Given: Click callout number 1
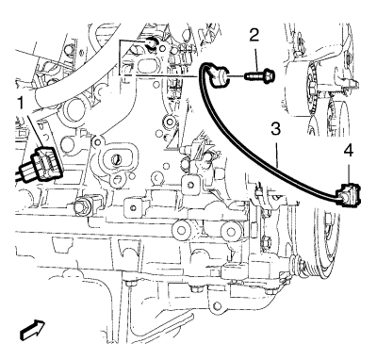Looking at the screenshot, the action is (x=22, y=104).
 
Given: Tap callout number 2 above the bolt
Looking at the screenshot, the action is (x=254, y=35).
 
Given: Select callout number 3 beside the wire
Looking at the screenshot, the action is (x=275, y=129).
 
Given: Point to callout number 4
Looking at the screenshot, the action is (x=348, y=151).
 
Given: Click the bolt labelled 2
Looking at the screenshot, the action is (x=259, y=75).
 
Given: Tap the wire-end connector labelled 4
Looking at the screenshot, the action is (x=347, y=195).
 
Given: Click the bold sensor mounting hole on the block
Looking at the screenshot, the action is (x=151, y=42).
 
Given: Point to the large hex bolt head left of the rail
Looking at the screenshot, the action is (x=79, y=206).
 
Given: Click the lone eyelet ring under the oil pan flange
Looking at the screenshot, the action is (x=215, y=305).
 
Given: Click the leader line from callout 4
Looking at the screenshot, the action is (x=348, y=172).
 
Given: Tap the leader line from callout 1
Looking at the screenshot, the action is (x=34, y=130).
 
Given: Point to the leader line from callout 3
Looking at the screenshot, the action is (x=276, y=152).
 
